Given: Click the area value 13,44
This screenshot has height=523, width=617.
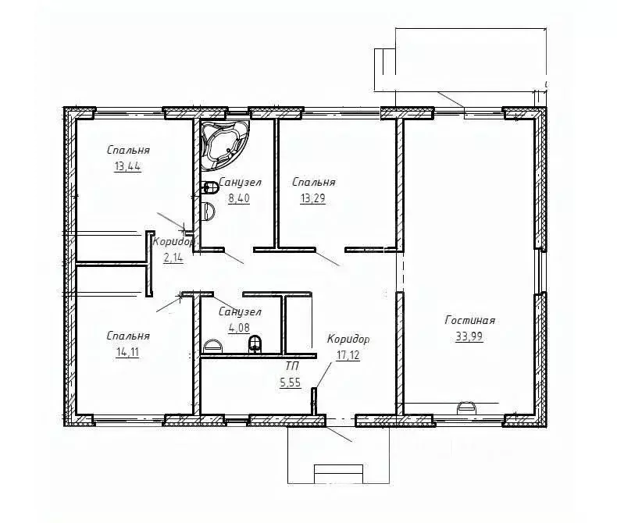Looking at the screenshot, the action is (x=127, y=167).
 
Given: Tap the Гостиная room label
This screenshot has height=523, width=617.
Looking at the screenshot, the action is (x=470, y=320).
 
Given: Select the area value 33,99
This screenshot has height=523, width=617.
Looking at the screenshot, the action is (x=469, y=336).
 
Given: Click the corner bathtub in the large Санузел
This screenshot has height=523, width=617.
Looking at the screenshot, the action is (x=225, y=145).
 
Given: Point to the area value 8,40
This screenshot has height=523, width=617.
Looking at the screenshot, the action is (x=239, y=198).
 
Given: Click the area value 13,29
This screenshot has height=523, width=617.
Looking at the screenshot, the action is (x=313, y=198).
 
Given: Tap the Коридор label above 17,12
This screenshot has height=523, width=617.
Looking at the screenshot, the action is (x=348, y=339).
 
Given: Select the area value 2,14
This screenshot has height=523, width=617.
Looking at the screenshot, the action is (x=173, y=258).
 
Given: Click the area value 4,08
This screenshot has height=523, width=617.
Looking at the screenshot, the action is (x=239, y=328).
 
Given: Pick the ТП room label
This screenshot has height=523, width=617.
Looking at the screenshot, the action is (x=292, y=366).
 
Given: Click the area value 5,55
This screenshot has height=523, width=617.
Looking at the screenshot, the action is (x=291, y=382).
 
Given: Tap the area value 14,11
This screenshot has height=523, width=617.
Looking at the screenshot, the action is (x=127, y=352).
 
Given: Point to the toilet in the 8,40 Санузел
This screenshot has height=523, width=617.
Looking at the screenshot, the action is (x=210, y=187).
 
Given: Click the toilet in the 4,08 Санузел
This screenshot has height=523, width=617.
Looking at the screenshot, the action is (x=255, y=344).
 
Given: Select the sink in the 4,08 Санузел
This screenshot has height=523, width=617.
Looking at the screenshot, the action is (x=212, y=347).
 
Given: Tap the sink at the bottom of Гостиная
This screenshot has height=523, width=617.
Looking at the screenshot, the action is (x=466, y=407).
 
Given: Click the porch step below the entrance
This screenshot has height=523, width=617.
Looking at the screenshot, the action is (x=338, y=474).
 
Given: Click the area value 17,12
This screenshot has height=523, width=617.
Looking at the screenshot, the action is (x=348, y=355).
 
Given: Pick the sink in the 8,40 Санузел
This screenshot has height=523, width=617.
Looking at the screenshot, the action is (x=208, y=212).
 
